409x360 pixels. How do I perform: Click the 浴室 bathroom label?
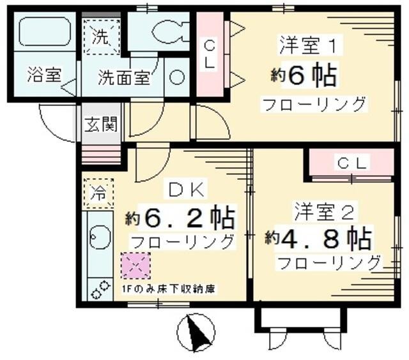[x=44, y=75]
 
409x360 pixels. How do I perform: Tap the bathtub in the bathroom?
[x=43, y=32]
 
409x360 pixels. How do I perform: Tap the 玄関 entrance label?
[x=101, y=123]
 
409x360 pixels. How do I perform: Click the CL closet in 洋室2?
[x=352, y=163]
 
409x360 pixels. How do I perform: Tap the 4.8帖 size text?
[x=319, y=239]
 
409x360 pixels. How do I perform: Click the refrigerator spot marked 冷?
[x=98, y=190]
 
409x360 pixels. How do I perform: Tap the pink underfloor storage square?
[x=135, y=266]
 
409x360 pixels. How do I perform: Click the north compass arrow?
[x=196, y=332]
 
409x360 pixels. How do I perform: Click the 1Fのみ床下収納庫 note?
[x=167, y=288]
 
